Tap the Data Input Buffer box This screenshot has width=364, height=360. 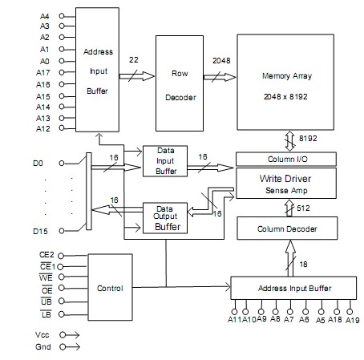click(x=164, y=161)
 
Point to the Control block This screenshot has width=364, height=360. click(x=109, y=286)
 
